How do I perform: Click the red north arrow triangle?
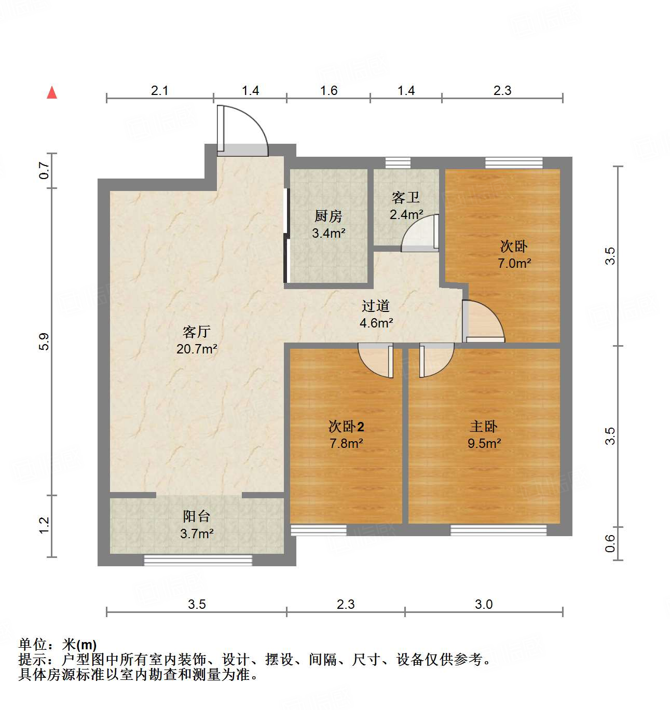click(x=52, y=93)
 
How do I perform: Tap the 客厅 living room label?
click(x=197, y=332)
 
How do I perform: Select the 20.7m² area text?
click(x=197, y=349)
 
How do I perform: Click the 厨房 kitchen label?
click(x=329, y=216)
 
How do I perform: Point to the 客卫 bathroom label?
click(x=406, y=198)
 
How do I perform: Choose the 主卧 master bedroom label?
click(x=484, y=427)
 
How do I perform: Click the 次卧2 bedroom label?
click(x=346, y=427)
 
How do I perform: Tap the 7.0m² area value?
click(x=514, y=264)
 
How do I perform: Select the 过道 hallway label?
click(x=376, y=306)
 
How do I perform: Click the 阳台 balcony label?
click(x=197, y=516)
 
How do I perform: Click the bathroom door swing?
click(x=420, y=234)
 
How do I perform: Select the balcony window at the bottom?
click(x=198, y=560)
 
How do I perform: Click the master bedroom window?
click(x=498, y=530)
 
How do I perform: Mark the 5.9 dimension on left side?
click(x=44, y=341)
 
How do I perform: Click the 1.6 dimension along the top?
click(x=329, y=91)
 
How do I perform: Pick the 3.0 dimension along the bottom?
click(x=484, y=604)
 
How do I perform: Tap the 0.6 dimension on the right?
click(x=610, y=543)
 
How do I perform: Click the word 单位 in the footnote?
click(x=33, y=645)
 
